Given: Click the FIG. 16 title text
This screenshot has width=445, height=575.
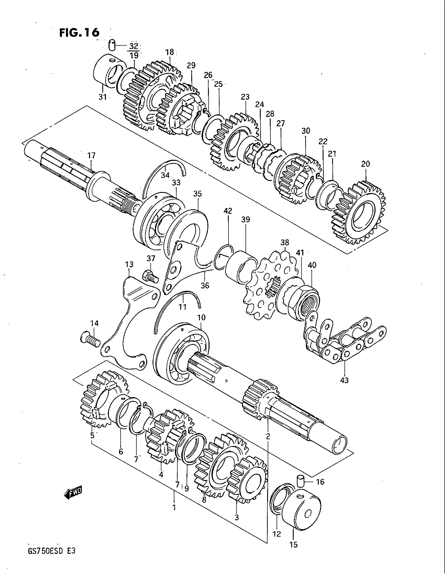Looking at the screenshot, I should (79, 32).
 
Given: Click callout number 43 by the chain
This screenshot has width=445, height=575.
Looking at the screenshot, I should (344, 380).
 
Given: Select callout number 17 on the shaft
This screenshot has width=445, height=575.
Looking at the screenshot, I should (91, 156).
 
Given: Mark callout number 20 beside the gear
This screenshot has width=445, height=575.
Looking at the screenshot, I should (365, 164).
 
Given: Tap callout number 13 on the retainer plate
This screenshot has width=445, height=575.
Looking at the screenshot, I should (129, 264).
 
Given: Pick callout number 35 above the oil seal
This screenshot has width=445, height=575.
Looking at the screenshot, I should (197, 194).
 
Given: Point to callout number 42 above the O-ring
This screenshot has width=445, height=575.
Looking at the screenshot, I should (228, 211).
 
